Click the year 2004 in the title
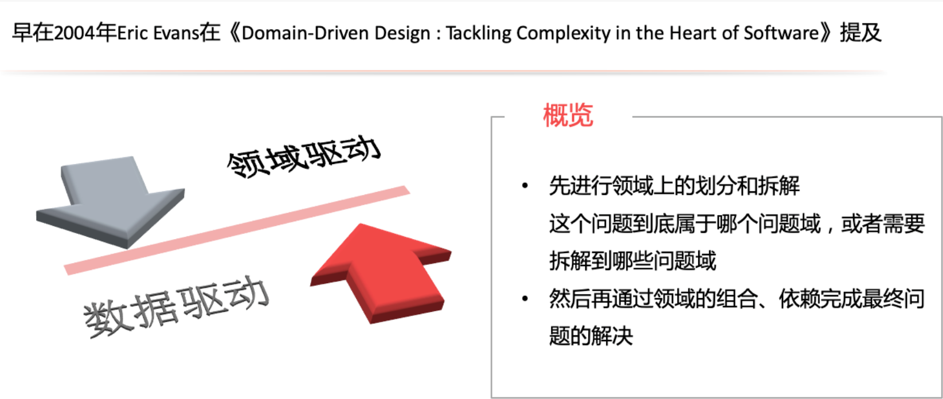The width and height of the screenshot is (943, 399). tap(75, 33)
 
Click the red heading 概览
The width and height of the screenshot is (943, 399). tap(568, 115)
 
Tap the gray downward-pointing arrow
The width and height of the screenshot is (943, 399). tap(110, 202)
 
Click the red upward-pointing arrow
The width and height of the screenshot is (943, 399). tap(381, 273)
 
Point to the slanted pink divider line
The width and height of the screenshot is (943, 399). tap(237, 230)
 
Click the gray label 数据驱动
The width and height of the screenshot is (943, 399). tap(176, 307)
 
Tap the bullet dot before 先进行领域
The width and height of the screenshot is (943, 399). tap(525, 186)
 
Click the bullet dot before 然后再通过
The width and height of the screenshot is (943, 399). tap(525, 299)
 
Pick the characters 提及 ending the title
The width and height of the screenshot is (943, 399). tap(860, 33)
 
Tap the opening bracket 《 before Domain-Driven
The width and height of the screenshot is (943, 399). tap(234, 33)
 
